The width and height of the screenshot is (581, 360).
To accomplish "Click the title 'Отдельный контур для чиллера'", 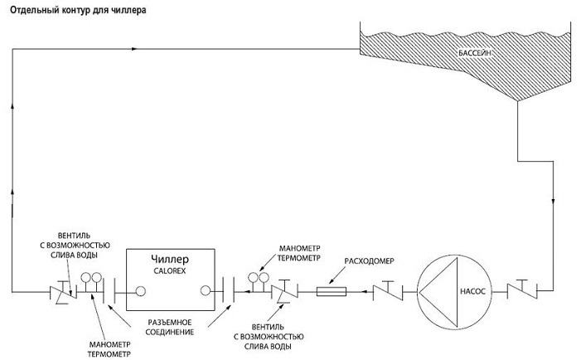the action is (x=78, y=11).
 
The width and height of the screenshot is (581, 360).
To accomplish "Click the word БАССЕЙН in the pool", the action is (x=475, y=53).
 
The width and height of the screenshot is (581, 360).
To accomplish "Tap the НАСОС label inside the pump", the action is (x=472, y=291).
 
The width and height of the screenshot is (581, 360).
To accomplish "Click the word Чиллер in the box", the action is (x=170, y=259).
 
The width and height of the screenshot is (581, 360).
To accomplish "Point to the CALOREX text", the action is (x=170, y=271).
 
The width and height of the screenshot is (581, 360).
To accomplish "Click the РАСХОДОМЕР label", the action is (x=369, y=261).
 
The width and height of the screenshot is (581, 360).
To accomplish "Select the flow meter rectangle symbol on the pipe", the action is (x=332, y=292).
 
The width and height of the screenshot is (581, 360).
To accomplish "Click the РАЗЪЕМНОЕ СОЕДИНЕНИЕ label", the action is (x=170, y=327).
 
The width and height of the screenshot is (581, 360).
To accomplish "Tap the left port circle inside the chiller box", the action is (x=140, y=291).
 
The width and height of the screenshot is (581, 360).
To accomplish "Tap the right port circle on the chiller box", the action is (x=206, y=290).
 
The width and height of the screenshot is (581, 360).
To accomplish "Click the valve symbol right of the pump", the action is (x=522, y=289).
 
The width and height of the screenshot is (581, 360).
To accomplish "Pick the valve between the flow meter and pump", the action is (x=388, y=290).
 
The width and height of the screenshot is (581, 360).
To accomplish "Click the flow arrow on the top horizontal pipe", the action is (x=134, y=49).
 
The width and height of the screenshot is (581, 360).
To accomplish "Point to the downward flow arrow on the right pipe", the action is (x=553, y=202).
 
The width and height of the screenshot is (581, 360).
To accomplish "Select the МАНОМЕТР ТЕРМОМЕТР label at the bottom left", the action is (x=109, y=349).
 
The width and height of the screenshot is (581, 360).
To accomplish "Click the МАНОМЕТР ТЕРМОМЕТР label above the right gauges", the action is (x=299, y=253).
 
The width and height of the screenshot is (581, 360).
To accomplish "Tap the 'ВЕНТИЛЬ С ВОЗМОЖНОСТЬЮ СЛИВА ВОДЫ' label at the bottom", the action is (x=269, y=337).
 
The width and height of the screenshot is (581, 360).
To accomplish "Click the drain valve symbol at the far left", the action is (x=63, y=293).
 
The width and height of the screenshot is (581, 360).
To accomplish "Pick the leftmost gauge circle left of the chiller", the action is (x=86, y=277).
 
